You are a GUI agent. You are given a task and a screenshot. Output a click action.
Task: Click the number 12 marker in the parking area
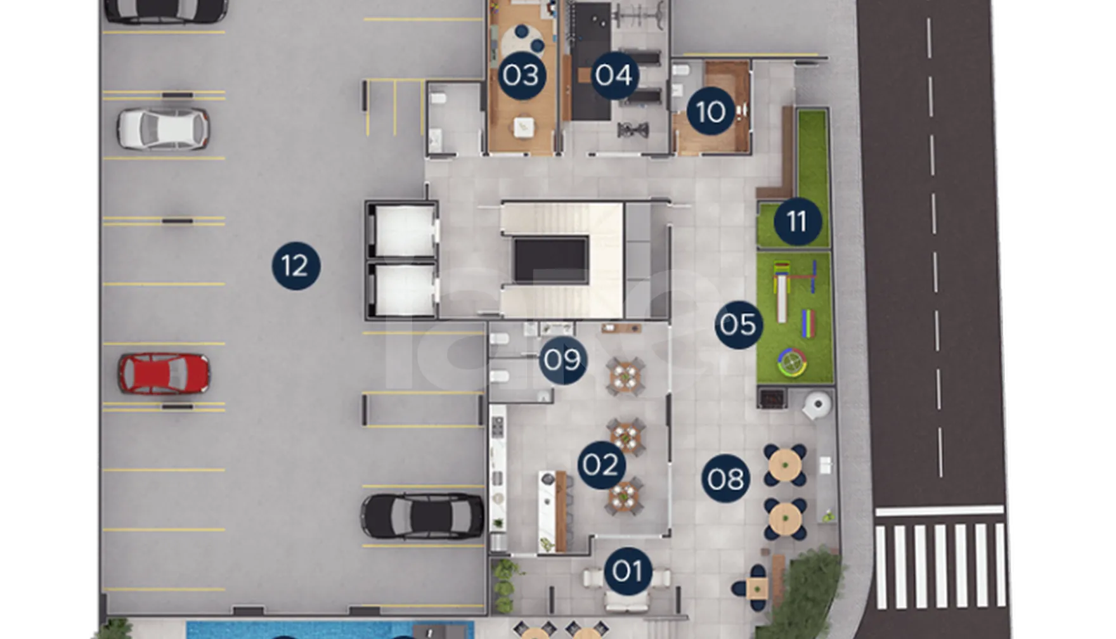(x=296, y=266)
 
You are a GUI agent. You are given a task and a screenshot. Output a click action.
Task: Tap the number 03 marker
(x=521, y=75)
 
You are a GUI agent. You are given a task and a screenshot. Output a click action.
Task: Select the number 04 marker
(x=614, y=75)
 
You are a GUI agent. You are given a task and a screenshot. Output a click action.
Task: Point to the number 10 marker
(x=711, y=112)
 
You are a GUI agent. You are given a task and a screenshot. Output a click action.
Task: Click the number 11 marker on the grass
(x=797, y=221)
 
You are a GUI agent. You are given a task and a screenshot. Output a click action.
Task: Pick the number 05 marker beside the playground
(x=739, y=325)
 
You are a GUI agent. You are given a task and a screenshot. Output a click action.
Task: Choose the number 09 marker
(x=563, y=360)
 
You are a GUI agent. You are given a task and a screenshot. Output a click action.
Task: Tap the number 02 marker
(x=601, y=465)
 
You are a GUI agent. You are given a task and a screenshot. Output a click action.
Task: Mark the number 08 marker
(x=726, y=479)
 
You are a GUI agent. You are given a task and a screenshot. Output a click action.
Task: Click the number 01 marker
(x=628, y=571)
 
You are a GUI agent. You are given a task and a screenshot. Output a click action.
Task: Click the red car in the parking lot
(x=164, y=374)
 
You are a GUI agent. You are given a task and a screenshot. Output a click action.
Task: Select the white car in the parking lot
(x=164, y=129)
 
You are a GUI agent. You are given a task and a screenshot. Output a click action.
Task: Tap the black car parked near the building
(x=422, y=516)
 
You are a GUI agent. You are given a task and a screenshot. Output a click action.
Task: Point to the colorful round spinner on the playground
(x=792, y=363)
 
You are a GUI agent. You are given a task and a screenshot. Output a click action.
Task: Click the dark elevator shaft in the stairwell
(x=550, y=260)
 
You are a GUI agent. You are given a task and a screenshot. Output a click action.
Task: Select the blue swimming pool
(x=330, y=630)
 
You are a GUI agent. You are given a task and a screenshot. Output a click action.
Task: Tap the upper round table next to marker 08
(x=785, y=465)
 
